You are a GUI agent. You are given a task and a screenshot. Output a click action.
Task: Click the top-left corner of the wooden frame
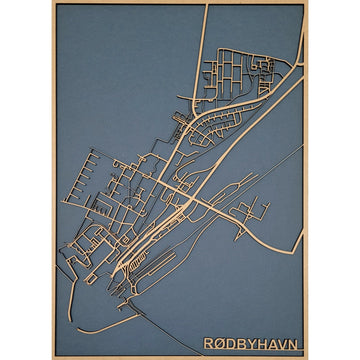pos(53,2)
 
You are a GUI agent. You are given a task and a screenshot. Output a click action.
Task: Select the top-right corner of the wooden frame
pos(306,2)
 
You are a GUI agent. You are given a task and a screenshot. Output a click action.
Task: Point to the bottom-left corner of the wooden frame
pos(53,357)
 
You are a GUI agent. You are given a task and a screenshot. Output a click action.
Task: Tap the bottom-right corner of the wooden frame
pos(306,357)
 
